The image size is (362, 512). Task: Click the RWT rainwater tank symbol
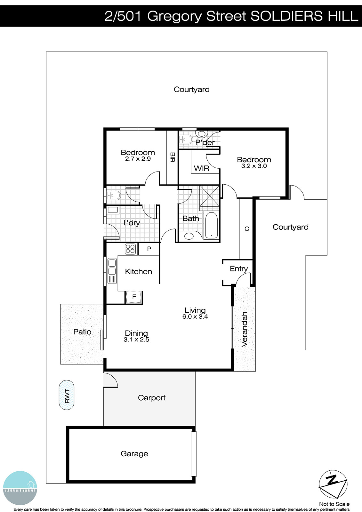67,395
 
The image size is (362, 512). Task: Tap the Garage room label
134,453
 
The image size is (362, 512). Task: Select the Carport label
151,398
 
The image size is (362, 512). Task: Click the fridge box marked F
134,297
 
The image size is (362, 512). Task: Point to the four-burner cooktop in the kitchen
130,249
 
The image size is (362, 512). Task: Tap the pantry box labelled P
149,249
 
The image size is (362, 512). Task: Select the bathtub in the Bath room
211,226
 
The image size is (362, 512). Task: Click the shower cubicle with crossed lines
209,196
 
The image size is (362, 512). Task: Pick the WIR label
201,168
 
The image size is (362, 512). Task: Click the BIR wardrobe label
172,157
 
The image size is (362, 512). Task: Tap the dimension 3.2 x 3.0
254,166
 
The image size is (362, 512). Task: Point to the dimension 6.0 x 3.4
195,317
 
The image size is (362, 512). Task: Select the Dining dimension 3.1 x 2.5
136,340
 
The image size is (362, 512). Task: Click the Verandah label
245,329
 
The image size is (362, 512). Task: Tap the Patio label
82,332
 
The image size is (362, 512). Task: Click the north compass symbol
333,484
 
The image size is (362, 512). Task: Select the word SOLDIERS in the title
282,16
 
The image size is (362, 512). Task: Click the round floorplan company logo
20,488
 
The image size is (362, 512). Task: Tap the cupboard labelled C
247,229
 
